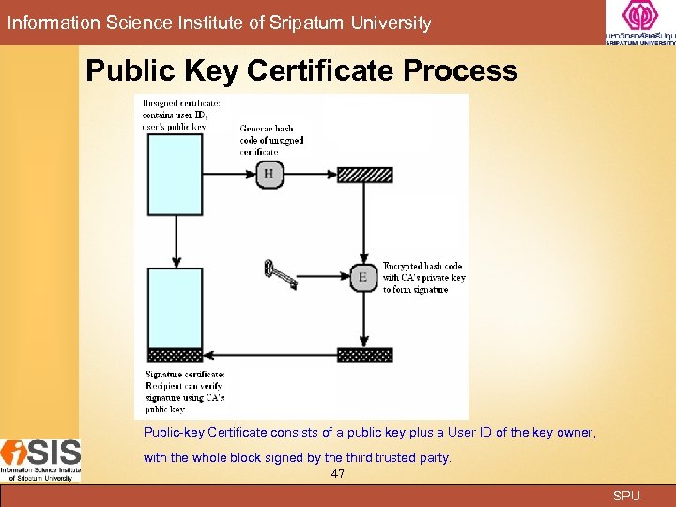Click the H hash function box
pyautogui.click(x=269, y=174)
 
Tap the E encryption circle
pyautogui.click(x=363, y=276)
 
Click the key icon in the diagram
pyautogui.click(x=281, y=273)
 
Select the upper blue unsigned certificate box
pyautogui.click(x=175, y=189)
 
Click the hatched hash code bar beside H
pyautogui.click(x=364, y=175)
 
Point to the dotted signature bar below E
pyautogui.click(x=364, y=355)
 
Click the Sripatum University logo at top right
pyautogui.click(x=639, y=23)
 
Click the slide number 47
pyautogui.click(x=338, y=474)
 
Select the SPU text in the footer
pyautogui.click(x=626, y=496)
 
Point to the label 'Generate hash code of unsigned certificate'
pyautogui.click(x=271, y=140)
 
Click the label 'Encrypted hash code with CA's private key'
pyautogui.click(x=423, y=278)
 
